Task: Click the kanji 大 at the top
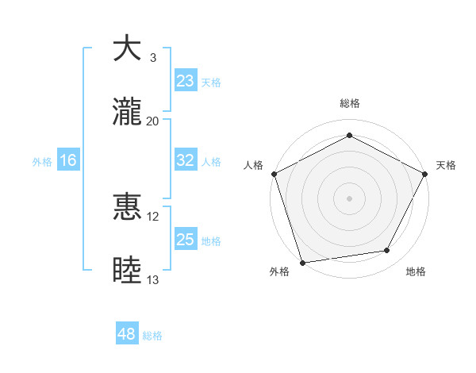[127, 48]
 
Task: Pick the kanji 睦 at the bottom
[127, 271]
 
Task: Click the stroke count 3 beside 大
[153, 58]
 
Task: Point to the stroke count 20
[153, 121]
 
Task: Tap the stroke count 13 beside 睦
[153, 280]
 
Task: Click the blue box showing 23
[186, 81]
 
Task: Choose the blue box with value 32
[186, 160]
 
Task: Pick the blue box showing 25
[186, 240]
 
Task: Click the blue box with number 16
[68, 160]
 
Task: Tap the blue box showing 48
[127, 335]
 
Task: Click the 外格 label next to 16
[42, 161]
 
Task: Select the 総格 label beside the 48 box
[152, 336]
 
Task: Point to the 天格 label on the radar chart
[446, 165]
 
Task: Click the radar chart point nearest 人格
[274, 173]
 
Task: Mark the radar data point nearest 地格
[387, 251]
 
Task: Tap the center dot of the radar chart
[349, 198]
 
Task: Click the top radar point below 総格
[349, 135]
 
